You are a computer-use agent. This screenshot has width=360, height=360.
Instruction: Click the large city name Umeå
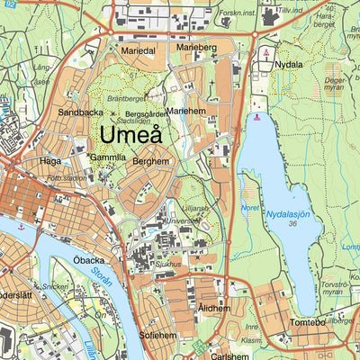[132, 135]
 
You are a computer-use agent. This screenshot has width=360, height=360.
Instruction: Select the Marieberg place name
[196, 47]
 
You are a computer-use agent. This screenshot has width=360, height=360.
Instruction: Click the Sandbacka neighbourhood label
[80, 113]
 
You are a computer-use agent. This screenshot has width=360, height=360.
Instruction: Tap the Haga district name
[49, 161]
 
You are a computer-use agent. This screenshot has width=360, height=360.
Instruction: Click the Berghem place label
[150, 161]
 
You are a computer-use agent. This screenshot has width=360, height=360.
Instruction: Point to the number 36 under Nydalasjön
[292, 224]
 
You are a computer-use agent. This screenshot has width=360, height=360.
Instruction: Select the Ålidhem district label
[214, 308]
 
